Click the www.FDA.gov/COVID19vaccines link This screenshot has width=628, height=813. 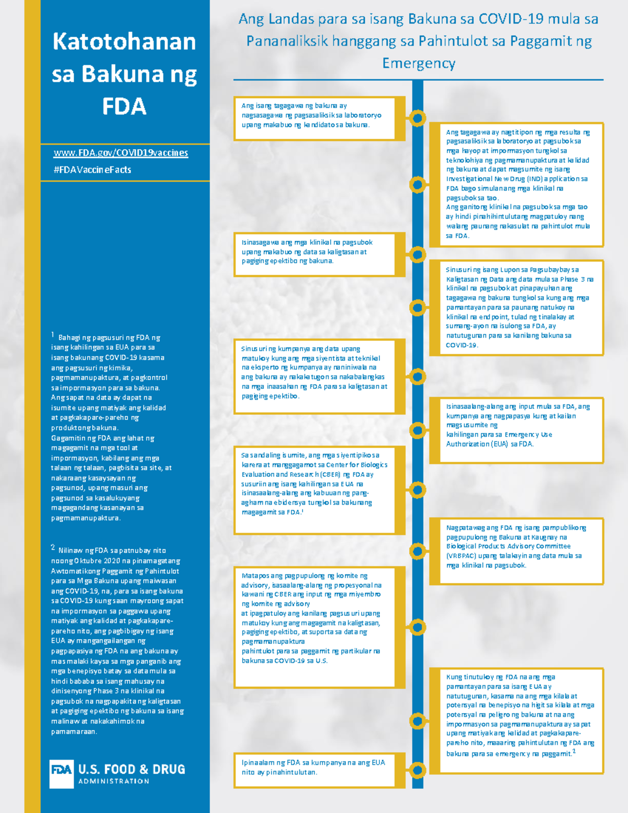click(121, 153)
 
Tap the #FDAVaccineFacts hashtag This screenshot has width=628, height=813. click(92, 170)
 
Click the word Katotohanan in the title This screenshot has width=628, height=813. click(124, 42)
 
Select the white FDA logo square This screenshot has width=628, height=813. click(61, 773)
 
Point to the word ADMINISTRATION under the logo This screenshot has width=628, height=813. click(114, 782)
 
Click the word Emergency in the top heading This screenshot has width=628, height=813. click(419, 63)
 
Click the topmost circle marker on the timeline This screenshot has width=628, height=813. click(417, 118)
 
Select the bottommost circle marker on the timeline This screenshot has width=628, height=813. click(417, 770)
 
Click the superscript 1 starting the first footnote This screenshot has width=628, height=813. click(53, 335)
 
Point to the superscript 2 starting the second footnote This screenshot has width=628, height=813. click(53, 548)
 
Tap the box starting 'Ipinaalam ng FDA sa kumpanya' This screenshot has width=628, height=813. click(315, 769)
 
